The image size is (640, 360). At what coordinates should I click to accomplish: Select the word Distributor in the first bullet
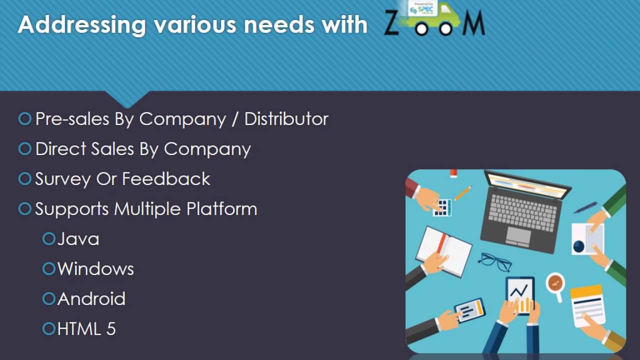click(x=286, y=119)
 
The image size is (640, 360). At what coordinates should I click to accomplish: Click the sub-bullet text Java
click(x=78, y=239)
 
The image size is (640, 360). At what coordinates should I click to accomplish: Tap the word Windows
click(x=95, y=269)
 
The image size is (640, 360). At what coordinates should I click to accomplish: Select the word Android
click(x=91, y=299)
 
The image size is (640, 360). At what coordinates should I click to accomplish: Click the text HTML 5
click(x=86, y=329)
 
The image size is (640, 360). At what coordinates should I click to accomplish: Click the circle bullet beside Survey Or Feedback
click(x=24, y=179)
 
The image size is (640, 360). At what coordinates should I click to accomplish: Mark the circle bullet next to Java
click(x=48, y=239)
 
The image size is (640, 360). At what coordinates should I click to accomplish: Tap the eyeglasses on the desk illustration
click(x=494, y=261)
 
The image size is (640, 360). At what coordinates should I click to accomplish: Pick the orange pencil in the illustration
click(x=463, y=192)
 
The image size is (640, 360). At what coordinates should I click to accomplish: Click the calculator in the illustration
click(x=442, y=207)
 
